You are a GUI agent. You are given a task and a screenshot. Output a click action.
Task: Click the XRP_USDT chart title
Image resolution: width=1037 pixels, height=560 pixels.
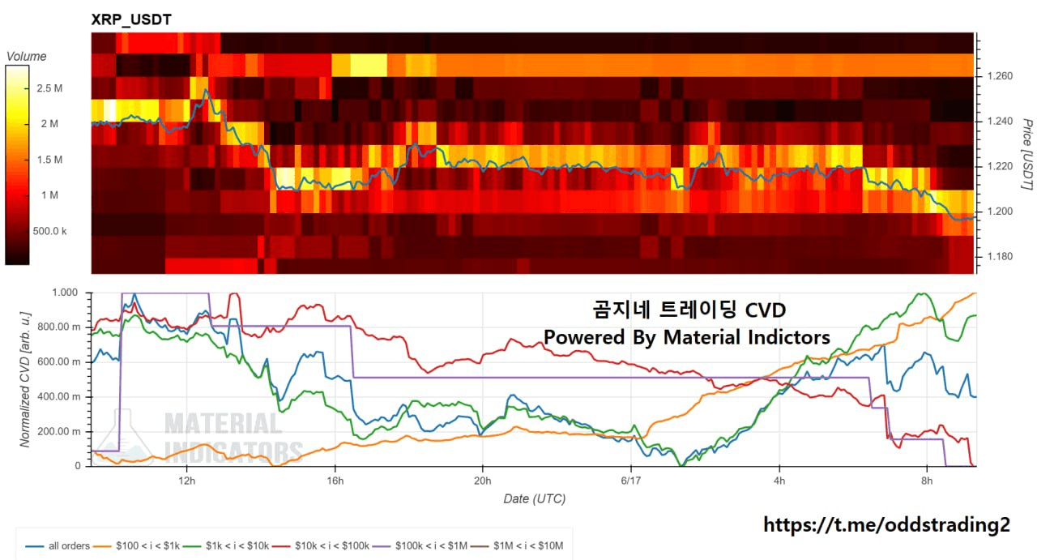click(131, 19)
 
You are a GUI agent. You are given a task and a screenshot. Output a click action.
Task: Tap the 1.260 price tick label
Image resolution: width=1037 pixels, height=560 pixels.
click(1000, 76)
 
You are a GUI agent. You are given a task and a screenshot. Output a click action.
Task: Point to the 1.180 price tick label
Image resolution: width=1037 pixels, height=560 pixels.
click(1000, 256)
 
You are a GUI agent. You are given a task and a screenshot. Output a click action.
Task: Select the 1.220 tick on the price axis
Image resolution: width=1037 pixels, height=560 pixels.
click(1000, 166)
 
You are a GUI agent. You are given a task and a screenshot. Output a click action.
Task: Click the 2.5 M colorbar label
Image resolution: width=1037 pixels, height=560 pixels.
click(49, 88)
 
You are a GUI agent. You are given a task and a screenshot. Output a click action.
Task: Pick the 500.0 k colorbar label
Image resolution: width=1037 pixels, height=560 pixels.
click(49, 231)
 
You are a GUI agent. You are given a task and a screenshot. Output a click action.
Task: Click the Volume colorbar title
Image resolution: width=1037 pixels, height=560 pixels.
click(27, 57)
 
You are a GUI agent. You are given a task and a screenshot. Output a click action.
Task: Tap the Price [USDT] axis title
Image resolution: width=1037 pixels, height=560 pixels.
click(1027, 154)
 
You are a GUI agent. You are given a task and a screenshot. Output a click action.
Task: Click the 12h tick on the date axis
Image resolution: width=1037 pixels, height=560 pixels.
click(186, 481)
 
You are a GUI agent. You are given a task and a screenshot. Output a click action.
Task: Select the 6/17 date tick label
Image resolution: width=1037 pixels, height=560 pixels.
click(630, 481)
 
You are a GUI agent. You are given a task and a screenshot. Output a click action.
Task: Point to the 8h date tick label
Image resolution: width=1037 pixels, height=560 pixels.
click(927, 481)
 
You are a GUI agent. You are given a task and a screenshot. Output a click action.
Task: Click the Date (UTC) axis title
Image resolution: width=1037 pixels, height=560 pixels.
click(534, 499)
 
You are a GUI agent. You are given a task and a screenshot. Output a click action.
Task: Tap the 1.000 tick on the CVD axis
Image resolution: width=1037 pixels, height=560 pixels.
click(65, 293)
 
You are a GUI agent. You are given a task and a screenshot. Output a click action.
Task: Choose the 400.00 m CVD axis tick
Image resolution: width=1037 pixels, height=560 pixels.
click(59, 396)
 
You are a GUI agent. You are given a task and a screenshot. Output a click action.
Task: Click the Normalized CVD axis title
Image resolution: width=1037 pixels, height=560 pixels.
click(25, 379)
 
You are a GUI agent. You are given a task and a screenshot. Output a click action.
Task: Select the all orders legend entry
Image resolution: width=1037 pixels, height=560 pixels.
click(58, 546)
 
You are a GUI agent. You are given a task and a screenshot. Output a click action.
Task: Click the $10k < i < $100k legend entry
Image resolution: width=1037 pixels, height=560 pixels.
click(321, 546)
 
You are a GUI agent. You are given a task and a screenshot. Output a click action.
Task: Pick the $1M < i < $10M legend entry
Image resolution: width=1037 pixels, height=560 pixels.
click(517, 546)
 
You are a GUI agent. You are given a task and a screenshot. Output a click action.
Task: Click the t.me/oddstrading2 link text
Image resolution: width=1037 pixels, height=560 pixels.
click(886, 525)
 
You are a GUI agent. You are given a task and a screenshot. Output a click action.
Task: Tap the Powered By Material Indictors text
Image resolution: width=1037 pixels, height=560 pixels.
click(686, 337)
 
